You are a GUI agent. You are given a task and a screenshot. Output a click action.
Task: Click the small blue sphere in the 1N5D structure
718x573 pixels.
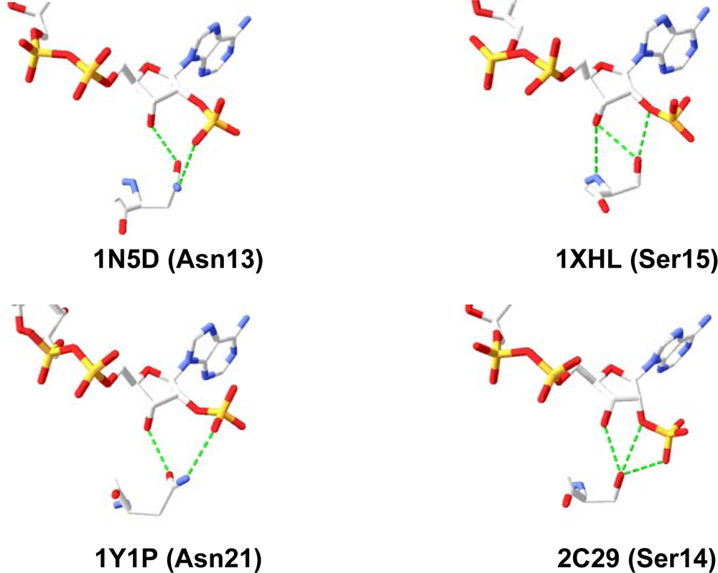point(177,188)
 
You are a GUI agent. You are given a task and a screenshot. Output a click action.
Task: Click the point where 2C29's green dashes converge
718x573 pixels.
point(622,473)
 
